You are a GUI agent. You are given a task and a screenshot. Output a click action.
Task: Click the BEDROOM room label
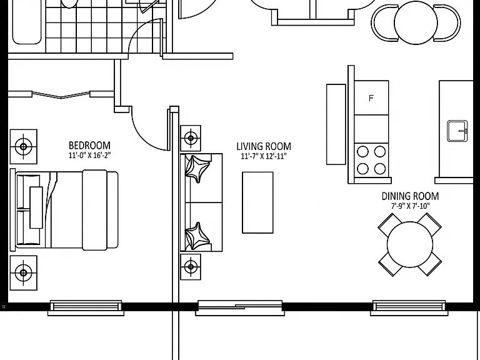[89, 145]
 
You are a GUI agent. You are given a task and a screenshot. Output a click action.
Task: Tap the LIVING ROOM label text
[264, 146]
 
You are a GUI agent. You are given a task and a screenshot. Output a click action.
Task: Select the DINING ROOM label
[410, 196]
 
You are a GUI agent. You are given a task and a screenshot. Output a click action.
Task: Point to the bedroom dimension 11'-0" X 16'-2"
[89, 155]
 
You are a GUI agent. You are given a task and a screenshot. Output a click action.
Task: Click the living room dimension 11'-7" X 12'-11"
[264, 156]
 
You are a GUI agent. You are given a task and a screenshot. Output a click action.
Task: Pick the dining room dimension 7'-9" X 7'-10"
[410, 206]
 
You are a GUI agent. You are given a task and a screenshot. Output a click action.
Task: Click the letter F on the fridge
[371, 98]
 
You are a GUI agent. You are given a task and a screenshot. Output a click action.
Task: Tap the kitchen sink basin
[457, 131]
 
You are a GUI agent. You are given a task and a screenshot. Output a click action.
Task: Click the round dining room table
[410, 244]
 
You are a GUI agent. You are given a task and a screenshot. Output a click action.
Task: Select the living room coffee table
[257, 202]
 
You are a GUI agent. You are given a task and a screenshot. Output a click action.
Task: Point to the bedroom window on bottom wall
[86, 307]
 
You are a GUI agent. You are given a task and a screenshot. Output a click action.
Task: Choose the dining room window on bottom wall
[409, 307]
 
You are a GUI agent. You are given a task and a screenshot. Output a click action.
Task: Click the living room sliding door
[240, 307]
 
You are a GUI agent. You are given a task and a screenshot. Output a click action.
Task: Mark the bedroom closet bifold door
[61, 94]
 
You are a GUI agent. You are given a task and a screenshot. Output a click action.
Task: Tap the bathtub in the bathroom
[27, 22]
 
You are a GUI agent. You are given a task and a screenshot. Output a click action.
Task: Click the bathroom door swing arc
[139, 32]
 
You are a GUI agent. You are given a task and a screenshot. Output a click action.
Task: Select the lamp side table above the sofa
[191, 138]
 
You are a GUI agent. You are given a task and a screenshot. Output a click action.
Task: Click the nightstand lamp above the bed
[24, 147]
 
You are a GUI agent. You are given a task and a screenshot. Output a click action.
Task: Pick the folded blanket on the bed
[94, 210]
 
